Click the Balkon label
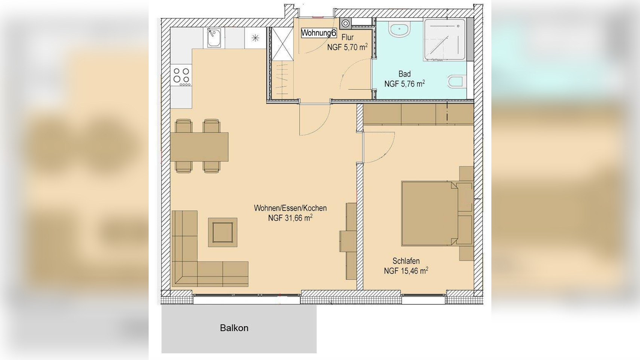234,328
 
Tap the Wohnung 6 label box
319,33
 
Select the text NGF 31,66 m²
290,218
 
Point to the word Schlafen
406,261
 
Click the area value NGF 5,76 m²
404,84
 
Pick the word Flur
348,38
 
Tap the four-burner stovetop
181,76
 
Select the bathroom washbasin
399,30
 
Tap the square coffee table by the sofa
223,232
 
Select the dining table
199,147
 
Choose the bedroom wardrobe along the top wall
418,114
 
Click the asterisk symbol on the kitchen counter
255,38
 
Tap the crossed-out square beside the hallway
282,44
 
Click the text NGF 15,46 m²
406,271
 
